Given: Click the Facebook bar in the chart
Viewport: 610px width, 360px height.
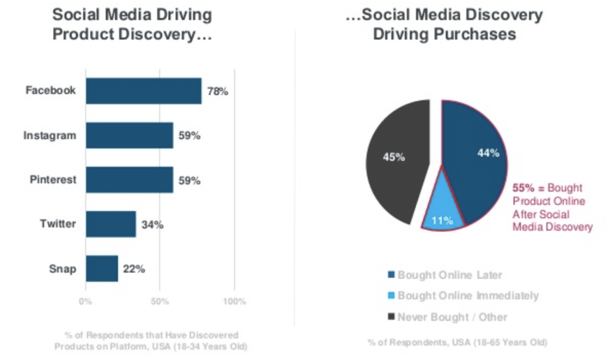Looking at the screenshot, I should tap(144, 91).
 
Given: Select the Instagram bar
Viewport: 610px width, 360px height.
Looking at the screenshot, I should tap(129, 135).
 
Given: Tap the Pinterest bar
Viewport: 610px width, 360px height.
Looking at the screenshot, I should tap(129, 179).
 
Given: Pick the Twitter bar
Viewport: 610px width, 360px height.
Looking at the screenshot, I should tap(111, 224).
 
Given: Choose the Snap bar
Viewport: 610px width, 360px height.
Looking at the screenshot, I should tap(102, 268).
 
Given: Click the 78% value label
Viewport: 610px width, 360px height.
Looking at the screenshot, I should tap(217, 91).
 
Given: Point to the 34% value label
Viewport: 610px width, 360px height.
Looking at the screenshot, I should tap(152, 225).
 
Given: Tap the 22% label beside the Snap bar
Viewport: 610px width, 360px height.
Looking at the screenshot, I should tap(134, 269).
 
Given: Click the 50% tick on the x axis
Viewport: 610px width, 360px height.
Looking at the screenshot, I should tap(160, 302).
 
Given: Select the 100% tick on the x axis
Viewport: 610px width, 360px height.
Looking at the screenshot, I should tap(234, 302).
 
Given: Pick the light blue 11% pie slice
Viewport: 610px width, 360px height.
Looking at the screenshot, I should tap(443, 208).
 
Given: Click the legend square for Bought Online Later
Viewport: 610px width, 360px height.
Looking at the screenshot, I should tap(391, 275).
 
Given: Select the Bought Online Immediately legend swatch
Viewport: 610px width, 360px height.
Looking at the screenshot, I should tap(391, 296).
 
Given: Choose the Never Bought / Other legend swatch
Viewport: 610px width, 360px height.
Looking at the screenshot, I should tap(391, 317).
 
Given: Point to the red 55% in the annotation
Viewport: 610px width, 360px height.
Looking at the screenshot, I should tap(522, 187).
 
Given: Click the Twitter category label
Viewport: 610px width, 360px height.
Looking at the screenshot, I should tap(58, 224).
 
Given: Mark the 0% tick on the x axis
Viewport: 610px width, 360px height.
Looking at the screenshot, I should tap(86, 302).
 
